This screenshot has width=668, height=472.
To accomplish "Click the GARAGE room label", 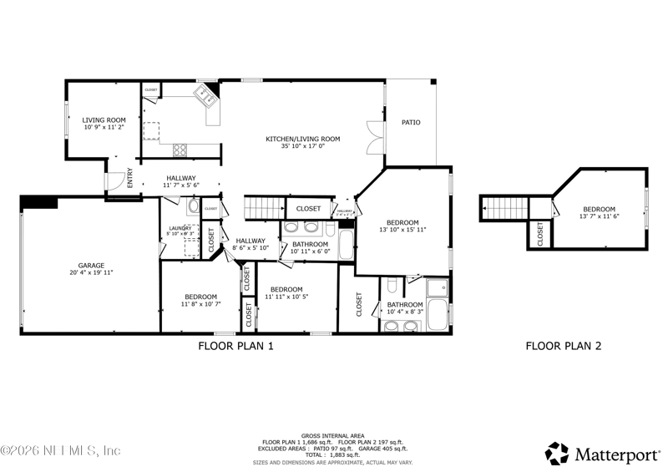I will [x=92, y=266].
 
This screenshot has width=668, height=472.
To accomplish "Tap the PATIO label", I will [x=411, y=123].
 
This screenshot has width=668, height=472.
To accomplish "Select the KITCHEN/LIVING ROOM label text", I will [x=302, y=139].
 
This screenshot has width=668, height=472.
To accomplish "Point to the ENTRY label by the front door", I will [x=129, y=178].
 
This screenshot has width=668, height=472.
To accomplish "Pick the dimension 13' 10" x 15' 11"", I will [x=402, y=230].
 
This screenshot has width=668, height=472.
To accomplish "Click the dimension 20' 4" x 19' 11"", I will [x=92, y=273].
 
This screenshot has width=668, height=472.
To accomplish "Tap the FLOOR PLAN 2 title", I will [x=563, y=346].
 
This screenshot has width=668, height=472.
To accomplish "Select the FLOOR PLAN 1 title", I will [x=235, y=346].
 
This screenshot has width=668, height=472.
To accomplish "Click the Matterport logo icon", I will [x=556, y=454].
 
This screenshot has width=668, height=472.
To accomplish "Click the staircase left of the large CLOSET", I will [x=264, y=207].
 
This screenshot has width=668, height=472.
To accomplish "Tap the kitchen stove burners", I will [x=180, y=150].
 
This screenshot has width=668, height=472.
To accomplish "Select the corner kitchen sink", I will [x=205, y=94].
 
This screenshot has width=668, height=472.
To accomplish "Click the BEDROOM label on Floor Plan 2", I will [x=599, y=209].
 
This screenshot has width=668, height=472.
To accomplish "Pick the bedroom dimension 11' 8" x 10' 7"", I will [x=200, y=304].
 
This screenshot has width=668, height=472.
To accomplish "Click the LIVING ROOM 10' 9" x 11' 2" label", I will [x=104, y=124].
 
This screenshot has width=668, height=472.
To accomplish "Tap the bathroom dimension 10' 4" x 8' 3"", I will [x=405, y=312].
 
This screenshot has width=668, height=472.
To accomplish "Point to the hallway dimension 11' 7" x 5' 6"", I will [x=181, y=185].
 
